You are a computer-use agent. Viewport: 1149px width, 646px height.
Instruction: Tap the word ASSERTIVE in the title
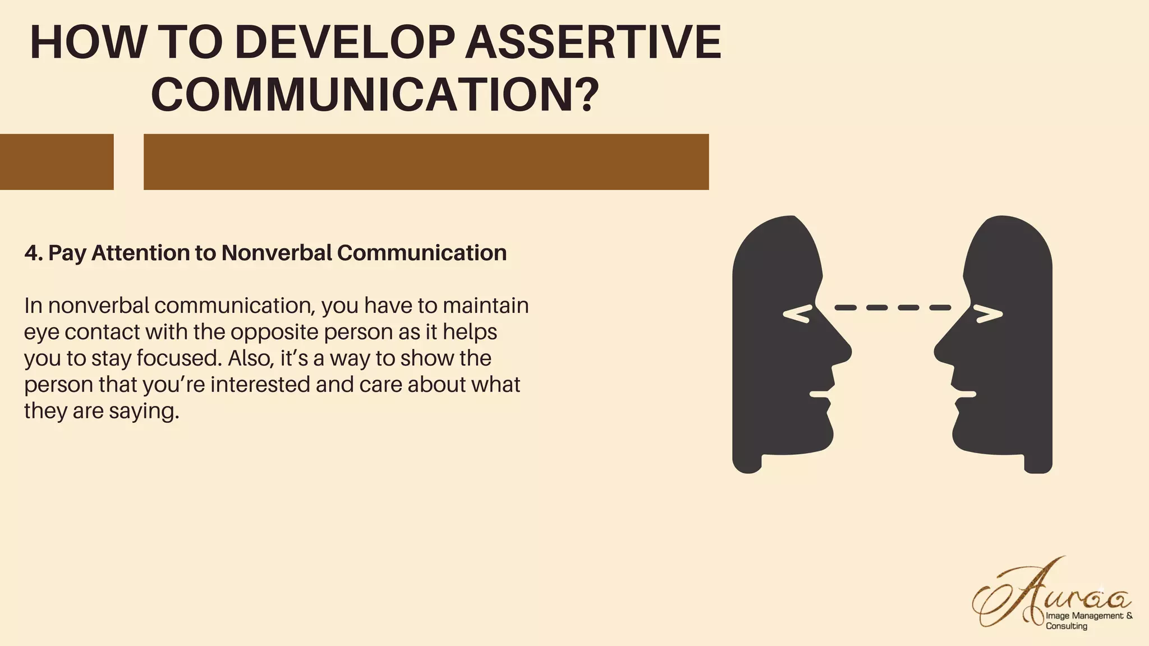pyautogui.click(x=593, y=43)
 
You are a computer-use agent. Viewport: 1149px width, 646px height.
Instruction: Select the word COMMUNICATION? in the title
pyautogui.click(x=375, y=94)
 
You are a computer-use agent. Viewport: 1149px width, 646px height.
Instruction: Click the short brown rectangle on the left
pyautogui.click(x=56, y=161)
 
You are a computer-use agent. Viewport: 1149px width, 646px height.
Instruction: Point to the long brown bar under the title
pyautogui.click(x=426, y=161)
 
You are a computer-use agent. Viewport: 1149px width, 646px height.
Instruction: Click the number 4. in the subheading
pyautogui.click(x=33, y=253)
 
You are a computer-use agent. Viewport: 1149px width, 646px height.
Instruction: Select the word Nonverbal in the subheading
pyautogui.click(x=276, y=253)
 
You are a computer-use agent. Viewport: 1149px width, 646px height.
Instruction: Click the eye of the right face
pyautogui.click(x=989, y=315)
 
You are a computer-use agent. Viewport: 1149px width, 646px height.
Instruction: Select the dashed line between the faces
pyautogui.click(x=893, y=307)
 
